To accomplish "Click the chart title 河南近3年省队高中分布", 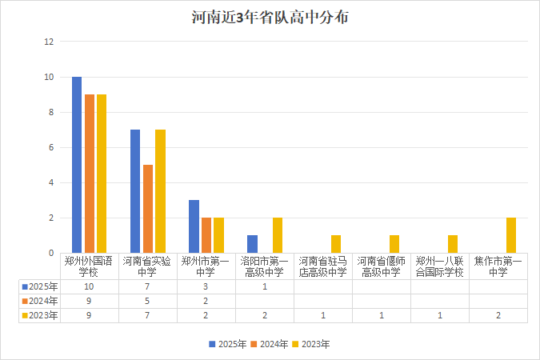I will pos(270,18).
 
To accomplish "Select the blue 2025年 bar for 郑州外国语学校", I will pos(77,165).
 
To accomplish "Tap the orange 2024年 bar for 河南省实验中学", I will pos(148,209).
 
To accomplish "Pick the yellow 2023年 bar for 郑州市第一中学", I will pos(218,235).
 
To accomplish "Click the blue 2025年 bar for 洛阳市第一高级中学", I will pos(253,244).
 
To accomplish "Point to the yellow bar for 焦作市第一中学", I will pos(511,235).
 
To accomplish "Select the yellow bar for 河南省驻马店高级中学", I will pos(336,244).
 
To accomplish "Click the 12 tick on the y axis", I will pos(49,42).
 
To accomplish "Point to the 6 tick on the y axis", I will pos(50,147).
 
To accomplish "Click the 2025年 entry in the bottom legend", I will pos(229,344).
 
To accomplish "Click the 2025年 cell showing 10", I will pos(89,286).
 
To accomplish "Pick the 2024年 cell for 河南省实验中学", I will pos(147,301).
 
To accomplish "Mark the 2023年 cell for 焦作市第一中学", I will pos(498,315).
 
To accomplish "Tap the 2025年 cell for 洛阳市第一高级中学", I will pos(264,286).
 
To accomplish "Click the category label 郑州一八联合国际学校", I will pos(439,266).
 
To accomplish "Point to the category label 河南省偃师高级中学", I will pos(381,266).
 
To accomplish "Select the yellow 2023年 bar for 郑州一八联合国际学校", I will pos(453,244).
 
